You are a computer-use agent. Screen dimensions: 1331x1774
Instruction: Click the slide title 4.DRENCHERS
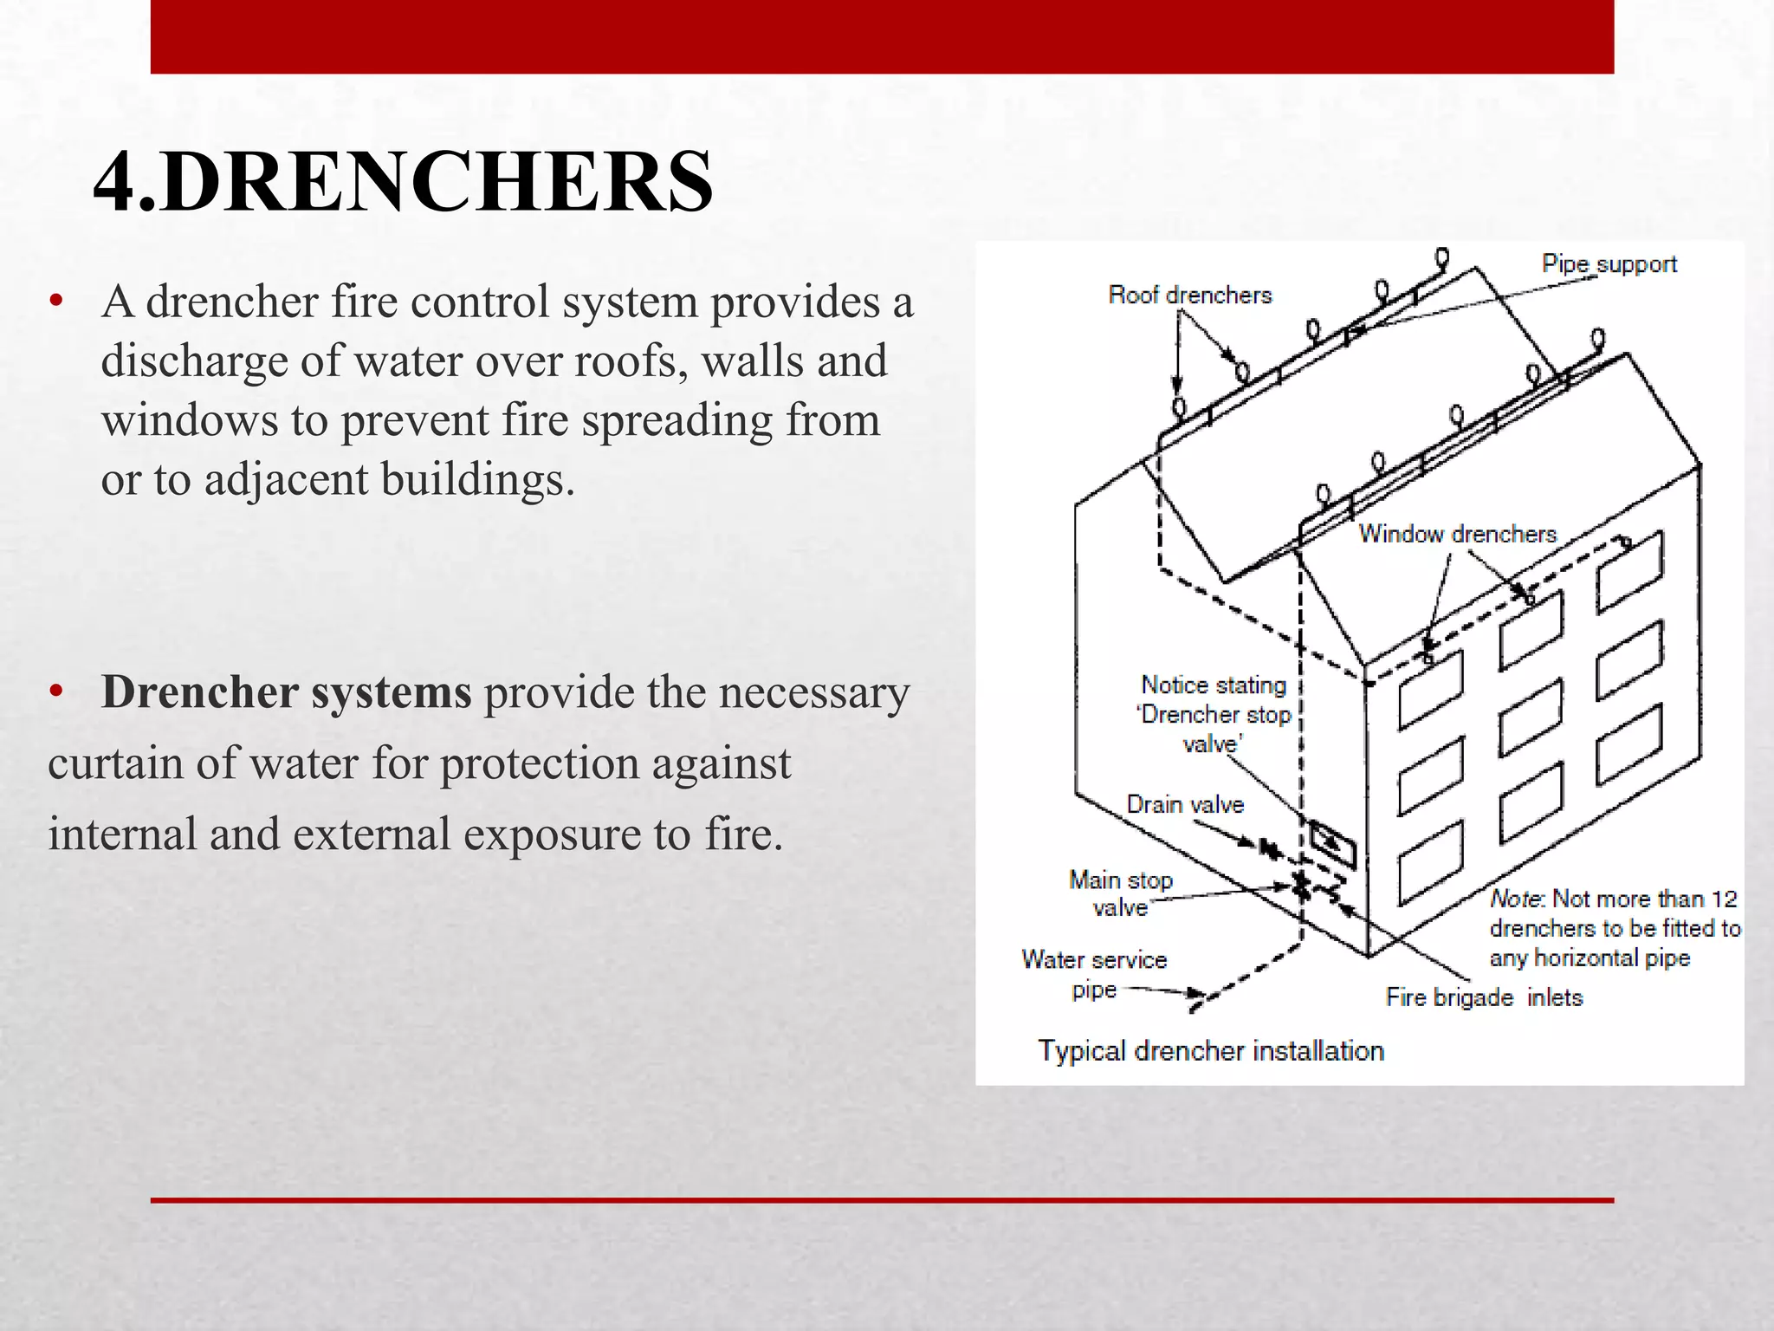tap(403, 181)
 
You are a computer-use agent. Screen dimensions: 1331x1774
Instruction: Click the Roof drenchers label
tap(1189, 295)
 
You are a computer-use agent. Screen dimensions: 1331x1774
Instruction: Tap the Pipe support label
tap(1609, 264)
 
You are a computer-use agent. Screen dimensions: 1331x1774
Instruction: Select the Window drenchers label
tap(1457, 534)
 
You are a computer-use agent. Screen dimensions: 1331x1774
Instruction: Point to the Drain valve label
tap(1184, 805)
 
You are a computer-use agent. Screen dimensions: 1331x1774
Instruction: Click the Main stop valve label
tap(1120, 893)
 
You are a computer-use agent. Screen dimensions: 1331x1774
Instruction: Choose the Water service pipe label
tap(1093, 974)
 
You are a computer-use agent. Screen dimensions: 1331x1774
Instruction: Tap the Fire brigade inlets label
tap(1483, 997)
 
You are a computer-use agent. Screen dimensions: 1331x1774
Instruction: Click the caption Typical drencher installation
tap(1210, 1051)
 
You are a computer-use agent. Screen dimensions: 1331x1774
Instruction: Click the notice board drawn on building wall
tap(1332, 843)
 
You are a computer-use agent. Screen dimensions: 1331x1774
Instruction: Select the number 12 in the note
tap(1724, 899)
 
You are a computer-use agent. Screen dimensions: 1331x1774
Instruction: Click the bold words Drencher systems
tap(286, 692)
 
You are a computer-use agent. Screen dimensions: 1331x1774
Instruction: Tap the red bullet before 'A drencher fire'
tap(57, 302)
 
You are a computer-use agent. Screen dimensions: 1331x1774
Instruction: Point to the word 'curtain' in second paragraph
tap(115, 764)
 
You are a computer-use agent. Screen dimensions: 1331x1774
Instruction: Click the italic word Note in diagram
tap(1516, 899)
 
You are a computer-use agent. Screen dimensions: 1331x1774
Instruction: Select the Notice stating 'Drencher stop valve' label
tap(1213, 714)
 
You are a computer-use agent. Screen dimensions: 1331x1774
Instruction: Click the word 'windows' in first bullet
tap(188, 421)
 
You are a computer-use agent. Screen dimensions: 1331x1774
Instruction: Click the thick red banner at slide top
tap(882, 36)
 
